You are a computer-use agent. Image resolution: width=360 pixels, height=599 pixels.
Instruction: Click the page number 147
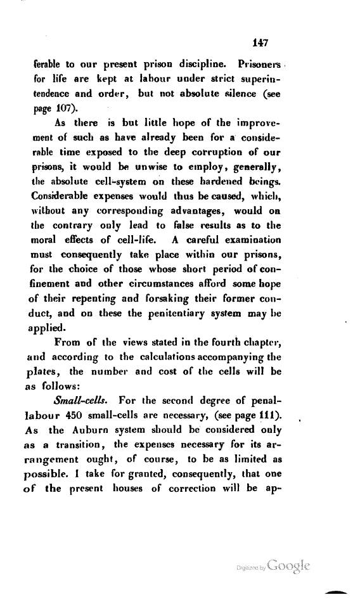(x=261, y=42)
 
